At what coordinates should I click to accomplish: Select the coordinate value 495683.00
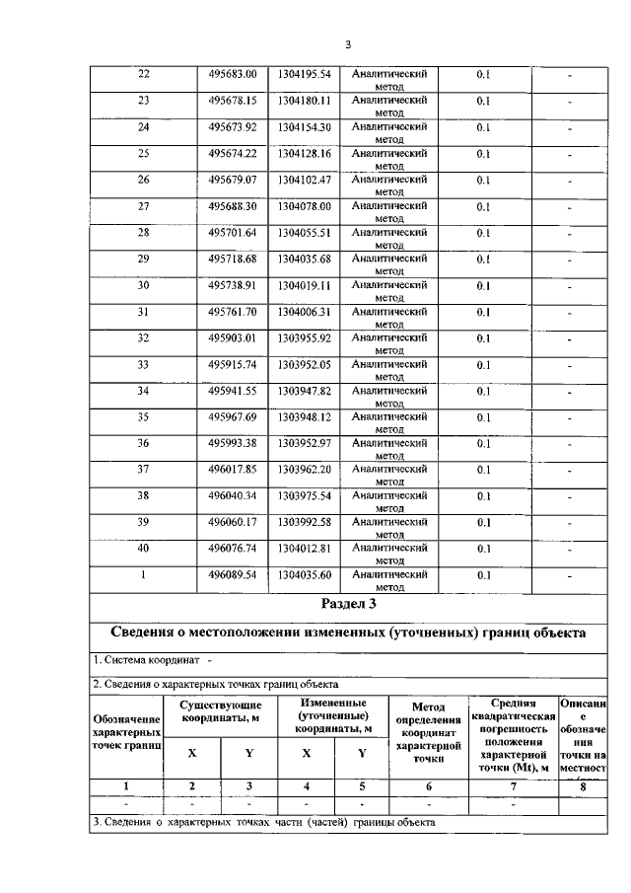point(233,74)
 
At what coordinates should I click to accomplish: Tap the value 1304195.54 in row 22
point(304,74)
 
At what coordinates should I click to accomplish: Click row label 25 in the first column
point(144,153)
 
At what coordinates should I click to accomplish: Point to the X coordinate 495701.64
point(233,233)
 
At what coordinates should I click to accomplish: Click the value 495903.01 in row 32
point(233,338)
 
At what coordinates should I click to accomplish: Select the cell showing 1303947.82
point(304,391)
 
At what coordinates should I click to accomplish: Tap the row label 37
point(144,470)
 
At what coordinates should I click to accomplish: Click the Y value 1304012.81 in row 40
point(304,549)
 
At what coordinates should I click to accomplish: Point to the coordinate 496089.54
point(233,574)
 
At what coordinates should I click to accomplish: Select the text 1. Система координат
point(148,659)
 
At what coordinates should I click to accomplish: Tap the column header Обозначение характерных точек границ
point(126,734)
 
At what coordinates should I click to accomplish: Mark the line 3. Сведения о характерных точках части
point(262,821)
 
